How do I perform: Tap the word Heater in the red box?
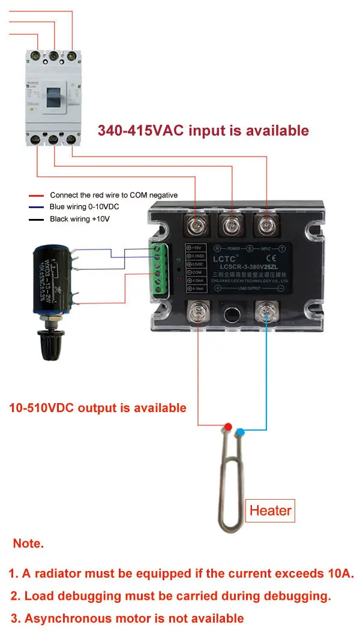coord(270,510)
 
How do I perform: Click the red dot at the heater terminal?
coord(228,426)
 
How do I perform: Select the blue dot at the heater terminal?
coord(241,431)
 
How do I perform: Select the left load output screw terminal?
coord(198,313)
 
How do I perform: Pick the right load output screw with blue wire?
coord(267,313)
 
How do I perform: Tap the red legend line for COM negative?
coord(37,196)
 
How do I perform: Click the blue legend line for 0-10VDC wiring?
coord(37,208)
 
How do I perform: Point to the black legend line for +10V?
coord(37,220)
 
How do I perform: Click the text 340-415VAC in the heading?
coord(141,131)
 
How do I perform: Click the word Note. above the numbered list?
coord(28,544)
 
